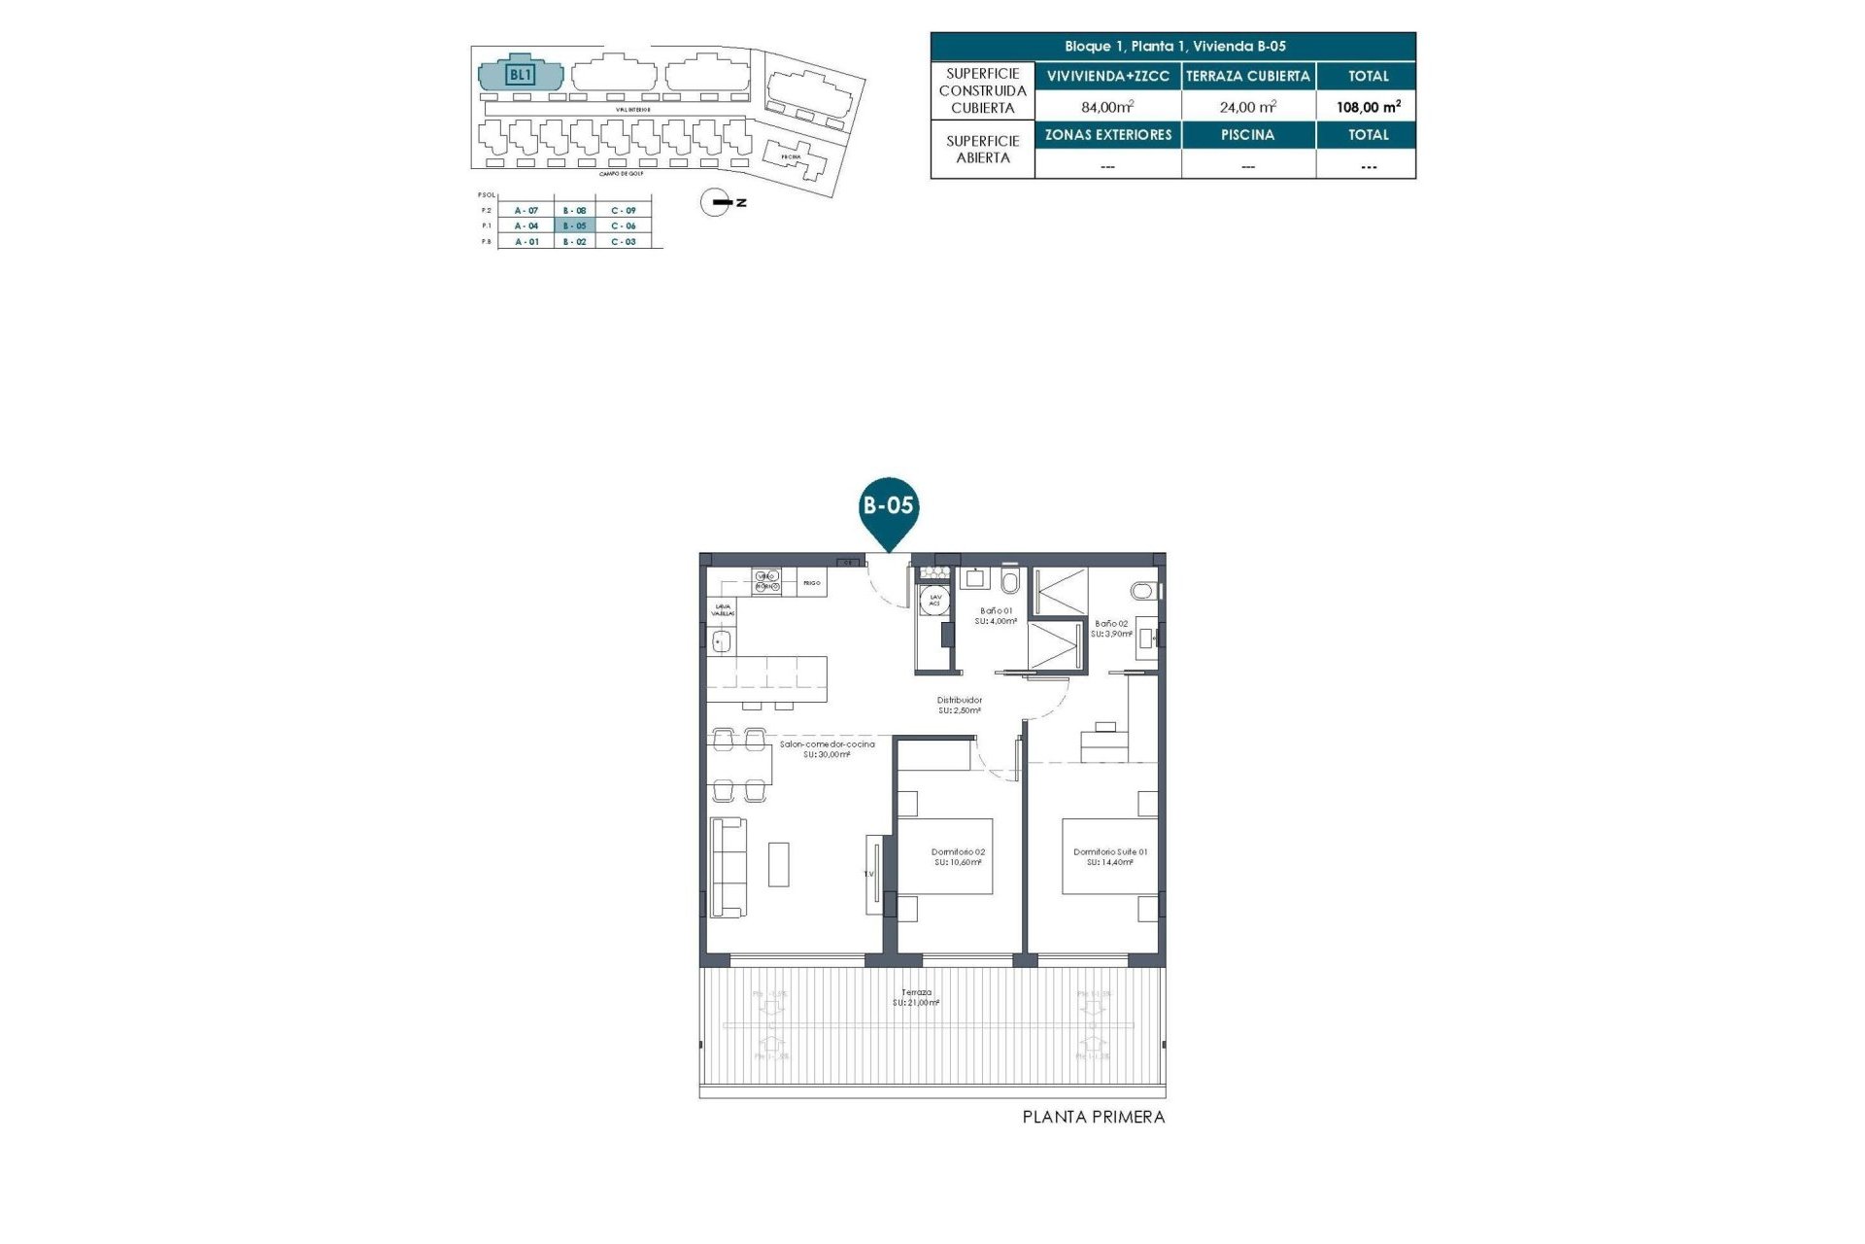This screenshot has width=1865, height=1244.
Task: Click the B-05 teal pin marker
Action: pyautogui.click(x=889, y=509)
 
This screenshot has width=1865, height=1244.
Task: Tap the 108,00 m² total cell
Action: pyautogui.click(x=1368, y=107)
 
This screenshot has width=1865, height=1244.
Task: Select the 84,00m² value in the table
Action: pyautogui.click(x=1107, y=107)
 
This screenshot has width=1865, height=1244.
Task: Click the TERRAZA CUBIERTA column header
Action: pyautogui.click(x=1248, y=76)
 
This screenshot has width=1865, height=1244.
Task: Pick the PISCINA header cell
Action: pyautogui.click(x=1248, y=135)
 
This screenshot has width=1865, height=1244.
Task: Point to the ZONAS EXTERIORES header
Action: pyautogui.click(x=1108, y=135)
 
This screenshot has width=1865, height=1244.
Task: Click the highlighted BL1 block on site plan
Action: pyautogui.click(x=521, y=74)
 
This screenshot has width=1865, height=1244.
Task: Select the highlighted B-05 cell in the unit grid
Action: pyautogui.click(x=575, y=225)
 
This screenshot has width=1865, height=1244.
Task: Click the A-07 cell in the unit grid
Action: pyautogui.click(x=526, y=210)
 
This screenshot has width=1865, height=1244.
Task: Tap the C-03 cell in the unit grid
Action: pyautogui.click(x=624, y=241)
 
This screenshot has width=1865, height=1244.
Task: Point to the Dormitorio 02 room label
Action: pyautogui.click(x=958, y=856)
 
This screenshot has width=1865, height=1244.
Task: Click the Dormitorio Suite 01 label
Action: pyautogui.click(x=1110, y=856)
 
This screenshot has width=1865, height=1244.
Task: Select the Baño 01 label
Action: pyautogui.click(x=997, y=615)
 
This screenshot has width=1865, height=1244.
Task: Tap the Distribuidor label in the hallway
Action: pyautogui.click(x=959, y=705)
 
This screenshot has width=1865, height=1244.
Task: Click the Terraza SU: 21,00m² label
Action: pyautogui.click(x=916, y=997)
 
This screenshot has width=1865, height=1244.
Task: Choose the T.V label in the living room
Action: pyautogui.click(x=869, y=874)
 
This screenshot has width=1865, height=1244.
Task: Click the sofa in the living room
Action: pyautogui.click(x=729, y=867)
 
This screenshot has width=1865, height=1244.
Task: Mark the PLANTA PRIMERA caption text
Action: pyautogui.click(x=1093, y=1118)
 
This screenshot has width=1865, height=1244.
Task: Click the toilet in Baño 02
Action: pyautogui.click(x=1143, y=590)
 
